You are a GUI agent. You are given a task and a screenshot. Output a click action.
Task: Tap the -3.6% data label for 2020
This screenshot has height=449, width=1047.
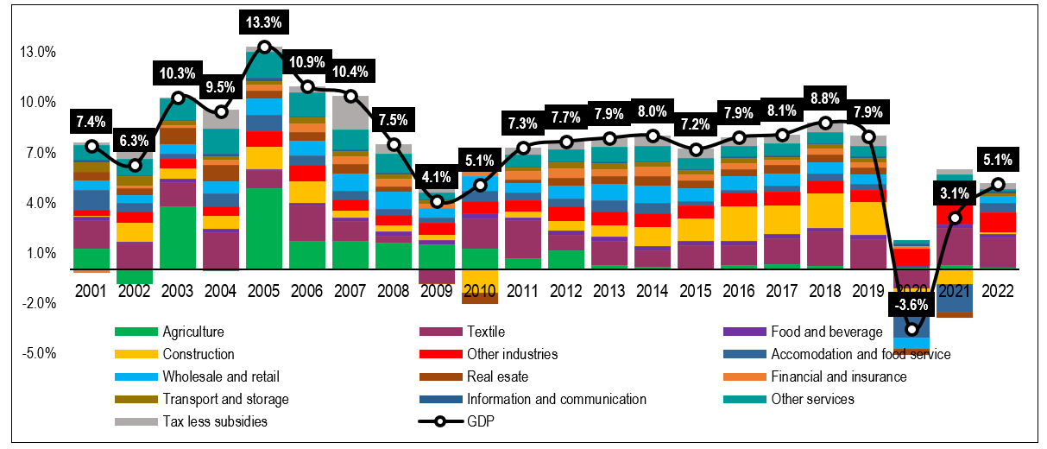911,304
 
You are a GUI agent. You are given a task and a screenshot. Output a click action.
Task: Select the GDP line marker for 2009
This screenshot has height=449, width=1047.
437,201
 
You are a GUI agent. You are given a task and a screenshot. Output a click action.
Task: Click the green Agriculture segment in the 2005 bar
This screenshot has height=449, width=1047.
264,228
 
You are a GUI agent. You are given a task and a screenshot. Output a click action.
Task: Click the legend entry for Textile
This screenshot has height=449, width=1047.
484,332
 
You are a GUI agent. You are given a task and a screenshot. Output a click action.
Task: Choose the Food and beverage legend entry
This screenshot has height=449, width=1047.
826,332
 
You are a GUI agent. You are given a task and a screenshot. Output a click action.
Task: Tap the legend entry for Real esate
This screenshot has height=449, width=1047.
496,376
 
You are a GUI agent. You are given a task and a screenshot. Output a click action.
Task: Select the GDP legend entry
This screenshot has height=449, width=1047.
481,421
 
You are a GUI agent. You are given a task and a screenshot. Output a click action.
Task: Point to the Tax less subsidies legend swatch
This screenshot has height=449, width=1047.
136,421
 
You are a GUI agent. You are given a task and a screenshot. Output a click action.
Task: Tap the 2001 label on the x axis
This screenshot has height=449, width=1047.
91,292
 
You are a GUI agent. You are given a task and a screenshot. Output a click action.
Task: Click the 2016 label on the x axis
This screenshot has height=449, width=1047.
739,292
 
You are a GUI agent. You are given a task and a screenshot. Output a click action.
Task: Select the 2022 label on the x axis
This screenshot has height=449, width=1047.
998,292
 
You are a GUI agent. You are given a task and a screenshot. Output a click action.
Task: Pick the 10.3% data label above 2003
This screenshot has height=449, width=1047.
178,73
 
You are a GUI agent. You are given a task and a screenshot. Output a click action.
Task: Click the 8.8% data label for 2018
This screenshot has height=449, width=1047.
825,98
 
